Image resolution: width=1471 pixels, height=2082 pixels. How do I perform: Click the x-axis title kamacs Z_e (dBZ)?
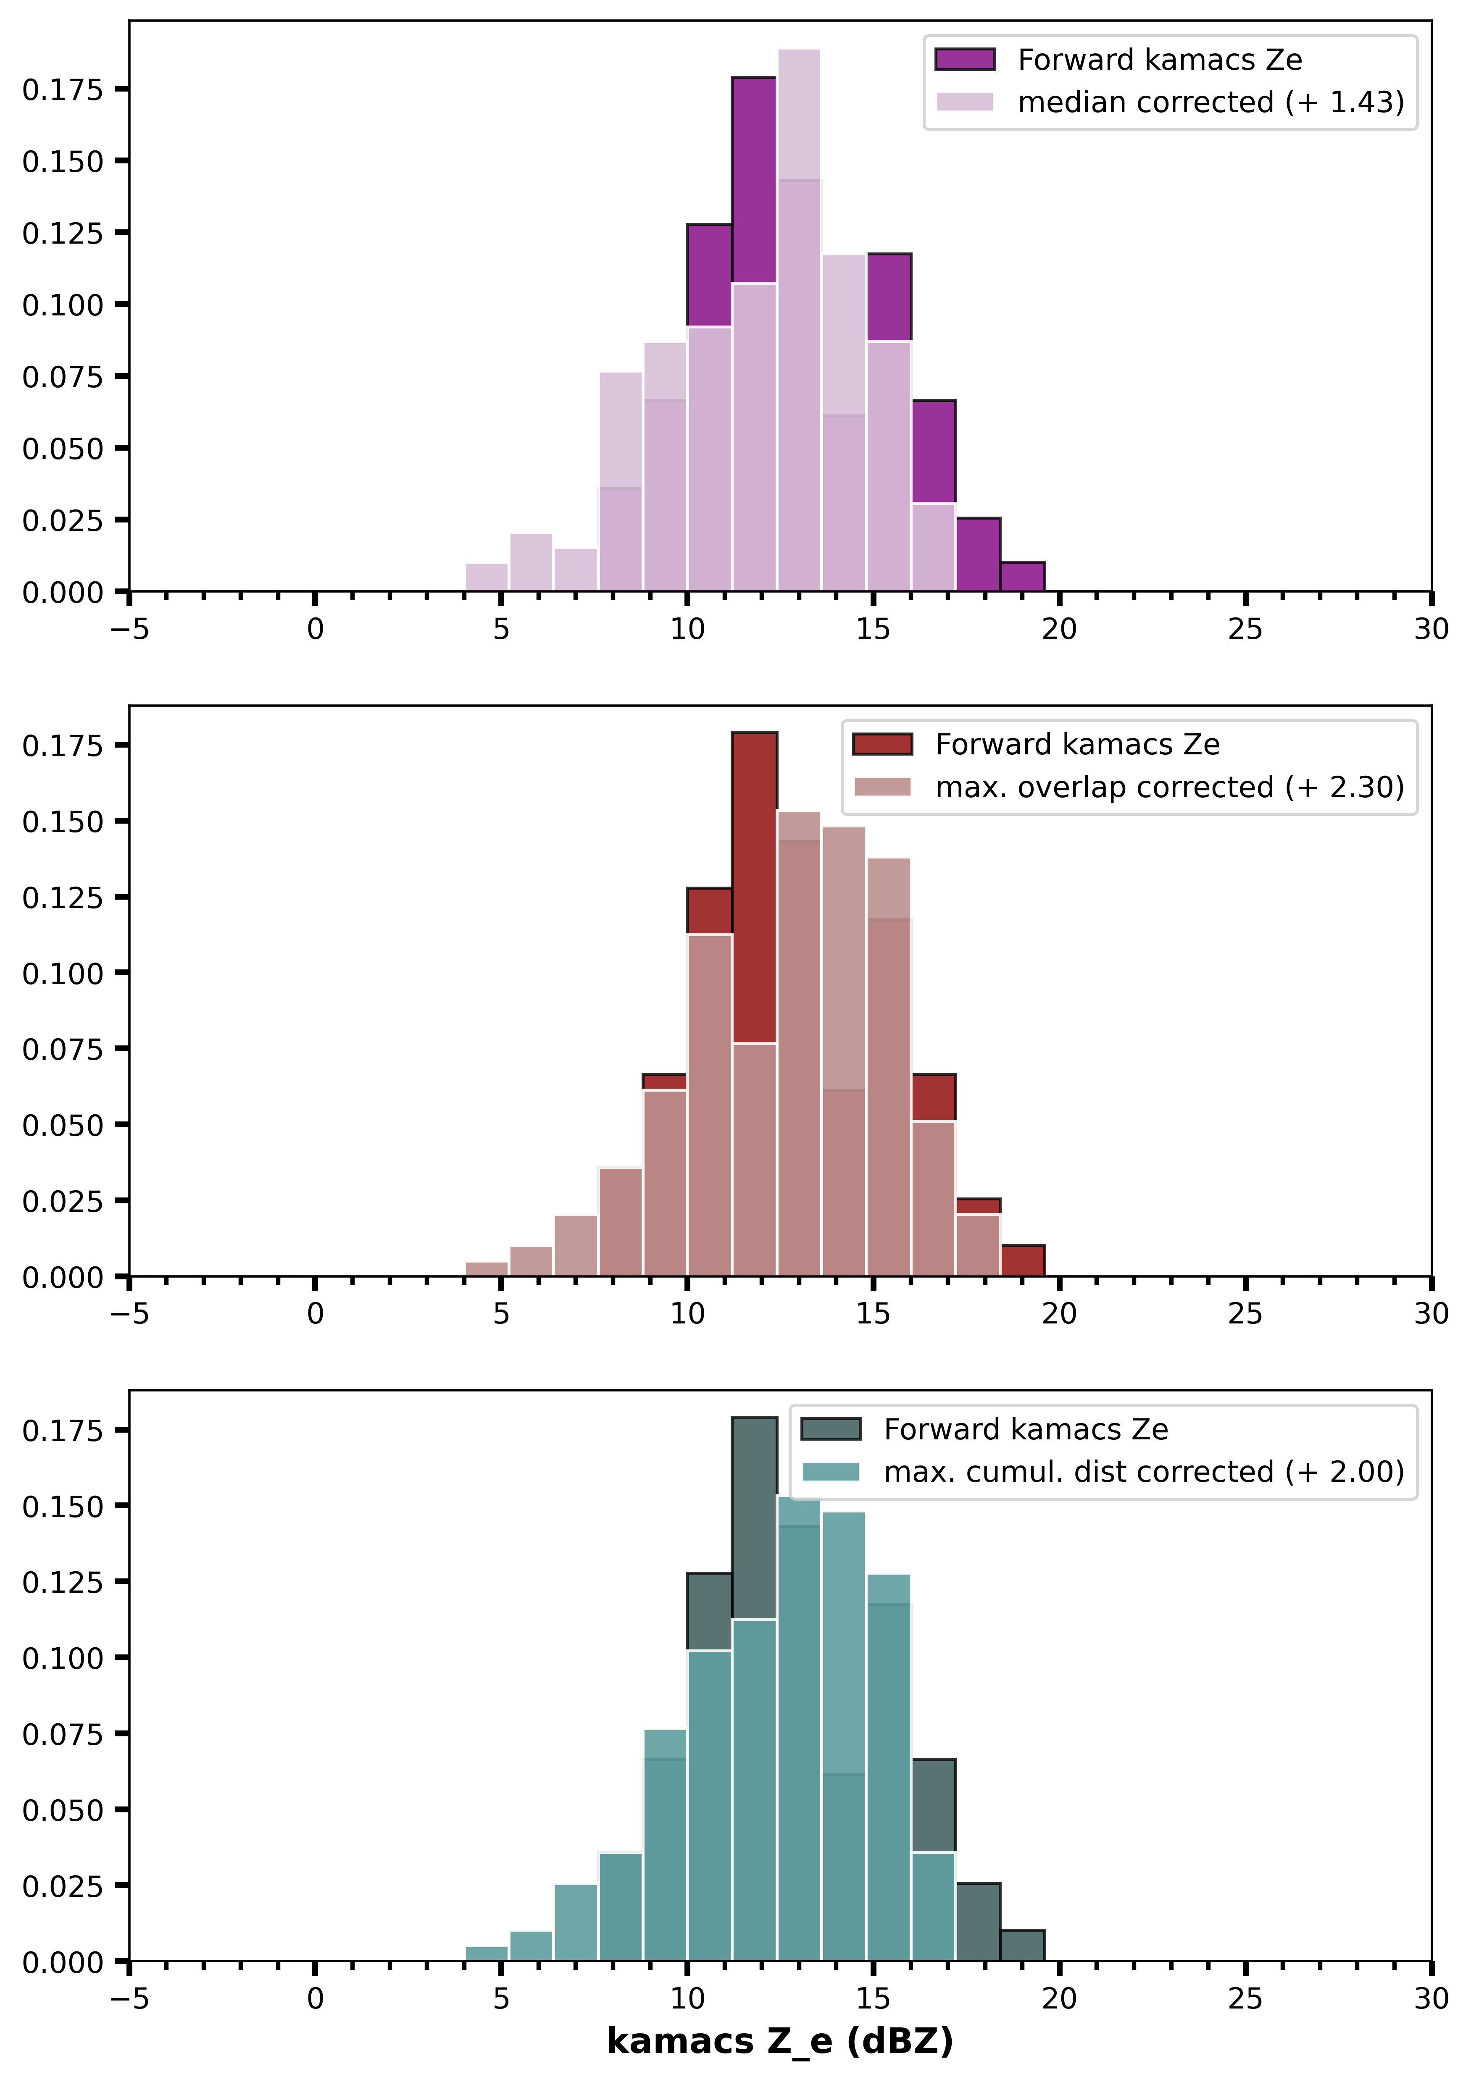(x=780, y=2040)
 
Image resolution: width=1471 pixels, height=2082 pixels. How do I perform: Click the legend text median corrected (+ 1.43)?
(x=1211, y=102)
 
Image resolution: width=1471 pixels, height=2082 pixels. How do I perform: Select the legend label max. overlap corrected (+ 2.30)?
(x=1170, y=787)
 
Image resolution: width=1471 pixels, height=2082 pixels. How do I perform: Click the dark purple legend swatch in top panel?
(x=965, y=60)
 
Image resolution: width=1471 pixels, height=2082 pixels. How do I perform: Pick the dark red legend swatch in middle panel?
(x=882, y=745)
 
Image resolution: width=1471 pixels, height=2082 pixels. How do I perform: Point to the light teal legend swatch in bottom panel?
(x=831, y=1472)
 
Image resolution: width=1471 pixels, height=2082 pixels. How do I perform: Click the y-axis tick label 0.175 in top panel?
(x=63, y=89)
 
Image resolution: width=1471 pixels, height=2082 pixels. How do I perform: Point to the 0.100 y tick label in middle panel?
(x=63, y=973)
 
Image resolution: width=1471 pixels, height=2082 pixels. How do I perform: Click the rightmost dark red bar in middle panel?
(x=1023, y=1260)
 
